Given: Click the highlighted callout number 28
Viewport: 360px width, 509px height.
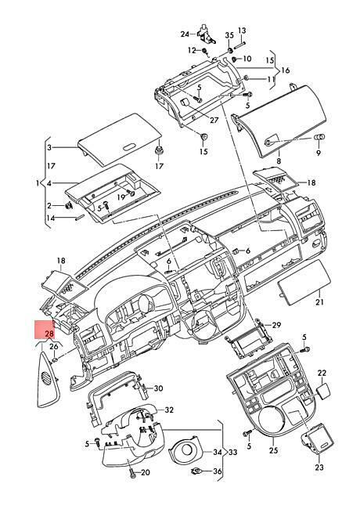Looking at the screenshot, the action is coord(49,334).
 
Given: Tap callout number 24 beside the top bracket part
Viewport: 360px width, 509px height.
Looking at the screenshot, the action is coord(185,34).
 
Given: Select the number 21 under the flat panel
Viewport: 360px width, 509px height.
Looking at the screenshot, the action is coord(319,302).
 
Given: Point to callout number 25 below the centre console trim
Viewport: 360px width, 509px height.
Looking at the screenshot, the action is coord(273,450).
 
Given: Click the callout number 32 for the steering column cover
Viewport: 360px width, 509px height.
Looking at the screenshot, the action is coord(169,410).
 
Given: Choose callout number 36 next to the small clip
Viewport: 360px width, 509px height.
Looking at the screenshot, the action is coord(218,471).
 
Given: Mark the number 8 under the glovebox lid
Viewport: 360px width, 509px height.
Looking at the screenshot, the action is coord(279,161).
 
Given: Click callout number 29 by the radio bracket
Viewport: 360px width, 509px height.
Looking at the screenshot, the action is coord(276,325).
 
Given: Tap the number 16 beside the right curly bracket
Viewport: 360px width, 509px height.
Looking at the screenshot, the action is coord(286,70).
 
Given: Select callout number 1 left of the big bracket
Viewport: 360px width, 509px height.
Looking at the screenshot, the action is coord(38,183).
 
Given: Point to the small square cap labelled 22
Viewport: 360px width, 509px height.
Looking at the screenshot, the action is coord(324,391).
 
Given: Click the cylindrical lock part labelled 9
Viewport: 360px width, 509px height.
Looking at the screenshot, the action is coord(319,138).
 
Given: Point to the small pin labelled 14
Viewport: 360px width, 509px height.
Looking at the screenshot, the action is coord(80,218).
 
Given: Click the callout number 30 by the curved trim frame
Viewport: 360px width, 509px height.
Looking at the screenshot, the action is coord(159,388).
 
